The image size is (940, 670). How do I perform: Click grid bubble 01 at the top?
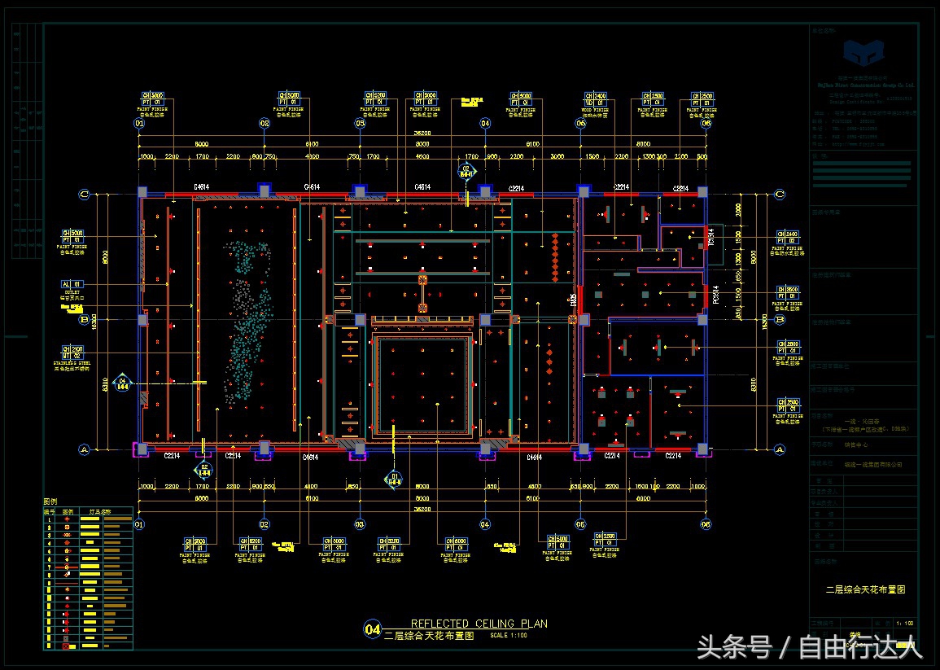(139, 124)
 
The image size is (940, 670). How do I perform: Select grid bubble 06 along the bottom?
(706, 524)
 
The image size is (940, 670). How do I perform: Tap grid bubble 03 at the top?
(360, 124)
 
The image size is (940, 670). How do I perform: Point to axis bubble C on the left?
(83, 194)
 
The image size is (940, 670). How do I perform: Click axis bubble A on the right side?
(779, 449)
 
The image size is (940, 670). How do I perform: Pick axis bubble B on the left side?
(83, 320)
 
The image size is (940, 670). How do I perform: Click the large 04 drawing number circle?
(373, 628)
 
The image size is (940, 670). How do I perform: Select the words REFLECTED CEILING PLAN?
(479, 624)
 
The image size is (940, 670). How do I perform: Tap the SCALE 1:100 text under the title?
(509, 635)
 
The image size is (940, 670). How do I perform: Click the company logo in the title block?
(864, 57)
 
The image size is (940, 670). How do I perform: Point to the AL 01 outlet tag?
(72, 284)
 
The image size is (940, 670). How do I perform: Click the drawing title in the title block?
(865, 589)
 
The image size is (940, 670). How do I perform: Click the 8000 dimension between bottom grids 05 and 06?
(643, 498)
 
